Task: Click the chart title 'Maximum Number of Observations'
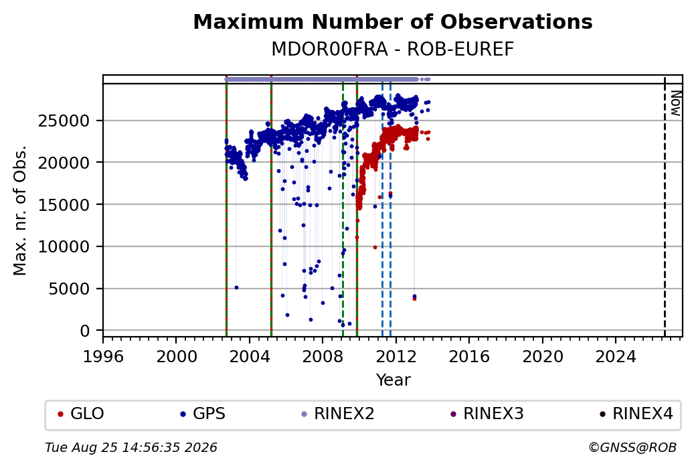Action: [x=393, y=21]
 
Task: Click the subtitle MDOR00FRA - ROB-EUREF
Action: [x=393, y=50]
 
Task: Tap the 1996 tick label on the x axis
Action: [x=103, y=357]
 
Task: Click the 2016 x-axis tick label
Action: [x=469, y=357]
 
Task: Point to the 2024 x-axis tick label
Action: [x=616, y=357]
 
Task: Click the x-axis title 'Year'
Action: [x=393, y=380]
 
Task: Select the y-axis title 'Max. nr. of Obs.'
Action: [x=20, y=210]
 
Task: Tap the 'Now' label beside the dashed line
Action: [x=675, y=104]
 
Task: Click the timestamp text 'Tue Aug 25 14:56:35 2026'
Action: [x=131, y=447]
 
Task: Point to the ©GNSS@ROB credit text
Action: [x=632, y=447]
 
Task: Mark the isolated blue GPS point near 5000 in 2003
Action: [x=237, y=288]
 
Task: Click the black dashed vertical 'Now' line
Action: [x=665, y=207]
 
